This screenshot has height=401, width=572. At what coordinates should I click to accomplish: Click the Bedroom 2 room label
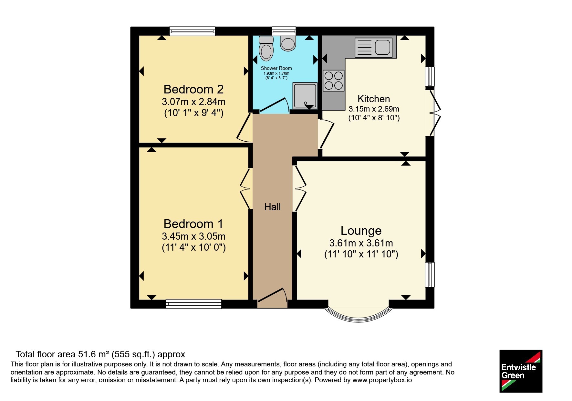tap(193, 89)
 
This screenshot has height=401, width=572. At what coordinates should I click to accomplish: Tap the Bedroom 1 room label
tap(193, 224)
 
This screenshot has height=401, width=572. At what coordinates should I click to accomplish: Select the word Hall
tap(272, 207)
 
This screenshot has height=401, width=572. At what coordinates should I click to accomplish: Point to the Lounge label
tap(361, 231)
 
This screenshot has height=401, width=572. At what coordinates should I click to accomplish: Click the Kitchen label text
tap(374, 99)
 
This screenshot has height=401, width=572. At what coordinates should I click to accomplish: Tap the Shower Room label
tap(276, 68)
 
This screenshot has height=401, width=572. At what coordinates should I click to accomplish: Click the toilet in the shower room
tap(266, 48)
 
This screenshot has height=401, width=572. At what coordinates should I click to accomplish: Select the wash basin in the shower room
tap(288, 43)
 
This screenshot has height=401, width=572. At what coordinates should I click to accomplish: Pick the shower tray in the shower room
tap(305, 96)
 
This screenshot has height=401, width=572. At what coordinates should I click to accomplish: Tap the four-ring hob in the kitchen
tap(333, 81)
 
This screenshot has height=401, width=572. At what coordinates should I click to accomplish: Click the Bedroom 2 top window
tap(192, 31)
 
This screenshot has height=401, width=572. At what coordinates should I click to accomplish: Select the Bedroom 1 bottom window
tap(194, 304)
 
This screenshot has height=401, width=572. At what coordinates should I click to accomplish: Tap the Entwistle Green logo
tap(521, 371)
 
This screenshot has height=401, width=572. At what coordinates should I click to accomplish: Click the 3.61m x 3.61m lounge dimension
tap(361, 243)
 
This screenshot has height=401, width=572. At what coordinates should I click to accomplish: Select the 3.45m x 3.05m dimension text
tap(193, 236)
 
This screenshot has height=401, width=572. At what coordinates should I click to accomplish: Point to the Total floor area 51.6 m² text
tap(63, 354)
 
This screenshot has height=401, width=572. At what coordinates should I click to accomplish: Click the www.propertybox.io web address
tap(382, 380)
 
